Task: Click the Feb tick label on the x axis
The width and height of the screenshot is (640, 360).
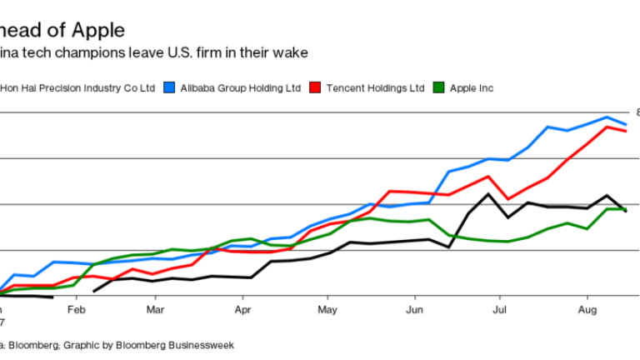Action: coord(77,310)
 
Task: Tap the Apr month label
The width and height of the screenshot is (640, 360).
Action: coord(243,310)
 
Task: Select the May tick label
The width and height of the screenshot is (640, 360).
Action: coord(327,310)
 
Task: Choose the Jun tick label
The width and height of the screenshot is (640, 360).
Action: coord(414,310)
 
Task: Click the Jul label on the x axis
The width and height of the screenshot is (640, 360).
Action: coord(499,310)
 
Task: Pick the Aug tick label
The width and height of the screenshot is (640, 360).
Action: coord(586,310)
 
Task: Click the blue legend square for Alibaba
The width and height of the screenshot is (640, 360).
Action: coord(170,87)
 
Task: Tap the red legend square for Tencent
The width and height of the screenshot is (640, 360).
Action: coord(314,87)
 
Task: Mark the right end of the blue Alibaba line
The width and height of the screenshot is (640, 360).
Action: coord(626,125)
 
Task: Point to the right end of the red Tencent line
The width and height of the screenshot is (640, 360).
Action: coord(626,132)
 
